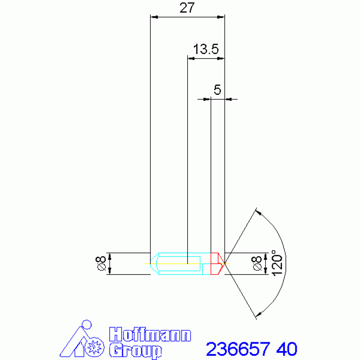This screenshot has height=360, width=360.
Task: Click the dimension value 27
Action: coord(187,8)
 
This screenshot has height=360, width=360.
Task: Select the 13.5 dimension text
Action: coord(206,49)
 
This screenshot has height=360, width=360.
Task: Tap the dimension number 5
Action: coord(217,90)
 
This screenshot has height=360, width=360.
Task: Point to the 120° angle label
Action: coord(277,263)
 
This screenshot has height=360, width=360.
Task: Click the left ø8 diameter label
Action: coord(100,264)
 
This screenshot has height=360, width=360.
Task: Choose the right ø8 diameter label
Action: coord(256,264)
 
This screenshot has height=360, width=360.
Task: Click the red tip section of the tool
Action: coord(217,264)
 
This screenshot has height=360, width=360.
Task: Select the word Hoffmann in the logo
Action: coord(150,335)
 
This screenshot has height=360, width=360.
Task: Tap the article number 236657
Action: coord(238,349)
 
